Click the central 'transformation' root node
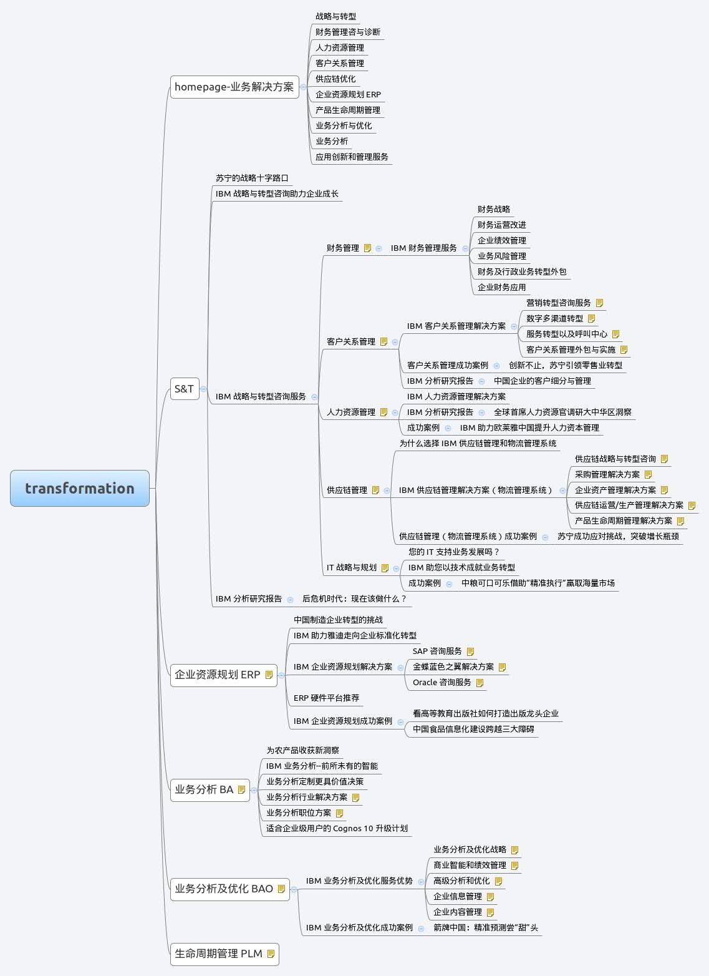[80, 488]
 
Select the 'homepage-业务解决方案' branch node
[234, 87]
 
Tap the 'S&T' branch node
[184, 389]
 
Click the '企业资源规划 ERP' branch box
[218, 675]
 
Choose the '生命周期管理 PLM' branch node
[218, 954]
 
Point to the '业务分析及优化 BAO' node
[224, 889]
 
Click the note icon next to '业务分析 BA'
[242, 790]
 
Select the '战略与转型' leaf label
[335, 16]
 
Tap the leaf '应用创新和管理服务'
[352, 157]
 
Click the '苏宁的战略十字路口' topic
[252, 178]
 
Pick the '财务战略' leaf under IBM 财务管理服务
[494, 209]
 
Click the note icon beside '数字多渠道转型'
[592, 319]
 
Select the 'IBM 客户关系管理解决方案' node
[456, 326]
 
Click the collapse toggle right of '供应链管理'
[387, 490]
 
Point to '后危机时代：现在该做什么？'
[354, 598]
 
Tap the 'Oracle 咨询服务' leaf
[442, 682]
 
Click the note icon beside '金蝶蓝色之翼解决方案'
[503, 667]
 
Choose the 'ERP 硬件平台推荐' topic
[326, 698]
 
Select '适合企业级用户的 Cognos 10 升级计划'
[337, 828]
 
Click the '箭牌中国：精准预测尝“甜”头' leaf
[486, 927]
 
